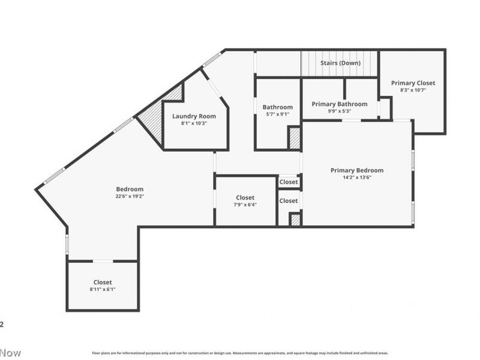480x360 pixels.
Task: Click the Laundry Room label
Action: tap(194, 116)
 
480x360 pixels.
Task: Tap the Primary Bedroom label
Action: tap(356, 170)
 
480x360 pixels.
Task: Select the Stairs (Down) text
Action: tap(340, 63)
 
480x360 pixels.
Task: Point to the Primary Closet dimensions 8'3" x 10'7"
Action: tap(413, 90)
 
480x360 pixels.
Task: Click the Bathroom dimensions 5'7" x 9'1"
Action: tap(277, 114)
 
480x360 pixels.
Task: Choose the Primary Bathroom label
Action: tap(339, 104)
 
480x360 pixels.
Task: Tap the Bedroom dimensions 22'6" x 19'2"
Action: tap(130, 196)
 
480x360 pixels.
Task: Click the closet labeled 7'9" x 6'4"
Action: tap(245, 201)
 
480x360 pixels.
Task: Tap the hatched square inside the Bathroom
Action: tap(294, 138)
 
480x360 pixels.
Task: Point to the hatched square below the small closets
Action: tap(295, 220)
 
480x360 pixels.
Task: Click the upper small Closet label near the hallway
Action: tap(289, 182)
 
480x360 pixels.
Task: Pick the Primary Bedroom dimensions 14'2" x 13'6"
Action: tap(356, 177)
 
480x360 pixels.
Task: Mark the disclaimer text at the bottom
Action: tap(240, 353)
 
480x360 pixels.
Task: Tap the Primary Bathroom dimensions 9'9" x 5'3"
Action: tap(339, 110)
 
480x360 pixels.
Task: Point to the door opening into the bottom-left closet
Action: tap(103, 261)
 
